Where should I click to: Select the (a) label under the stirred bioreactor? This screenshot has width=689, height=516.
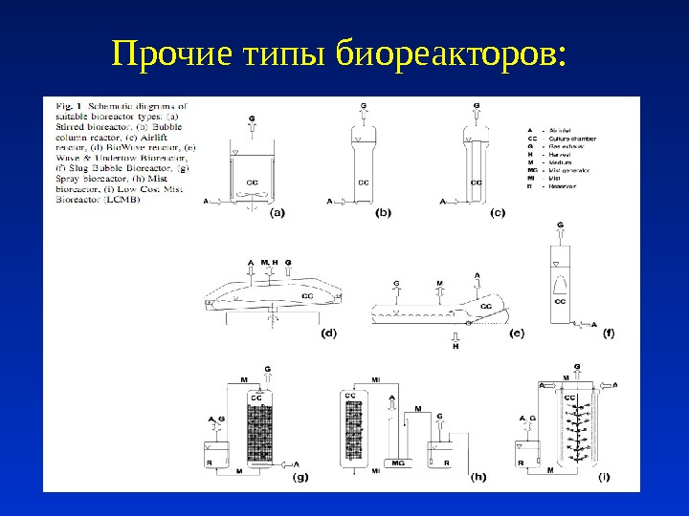[276, 214]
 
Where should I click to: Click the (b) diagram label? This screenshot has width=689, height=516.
[383, 214]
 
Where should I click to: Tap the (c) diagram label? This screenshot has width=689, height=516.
[498, 214]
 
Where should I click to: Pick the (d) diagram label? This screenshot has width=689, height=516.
[328, 333]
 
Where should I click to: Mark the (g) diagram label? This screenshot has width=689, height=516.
[300, 477]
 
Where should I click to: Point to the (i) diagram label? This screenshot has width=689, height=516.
[605, 477]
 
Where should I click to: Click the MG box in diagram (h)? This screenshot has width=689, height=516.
[398, 462]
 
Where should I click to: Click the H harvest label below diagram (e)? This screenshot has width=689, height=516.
[456, 346]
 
